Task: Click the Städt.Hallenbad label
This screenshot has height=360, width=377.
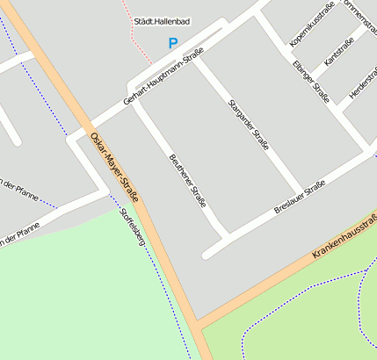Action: coord(163,21)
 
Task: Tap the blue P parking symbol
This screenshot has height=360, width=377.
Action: coord(173,43)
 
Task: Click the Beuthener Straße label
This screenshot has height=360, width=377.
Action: coord(186,181)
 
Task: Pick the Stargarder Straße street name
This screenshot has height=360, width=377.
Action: coord(248,125)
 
